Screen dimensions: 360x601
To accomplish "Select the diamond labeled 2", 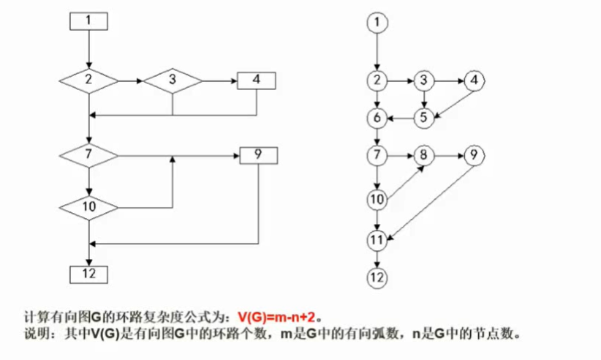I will [88, 80].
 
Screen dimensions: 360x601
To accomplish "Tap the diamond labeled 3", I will [172, 80].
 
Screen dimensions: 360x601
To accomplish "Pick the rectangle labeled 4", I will [256, 80].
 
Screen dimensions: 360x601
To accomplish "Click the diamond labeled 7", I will [88, 155].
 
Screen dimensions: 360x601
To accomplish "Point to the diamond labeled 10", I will [88, 207].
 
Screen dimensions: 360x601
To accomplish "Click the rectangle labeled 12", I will [88, 274].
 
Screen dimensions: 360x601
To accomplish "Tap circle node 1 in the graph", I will [377, 23].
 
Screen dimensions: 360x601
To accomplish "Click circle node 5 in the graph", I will [424, 117].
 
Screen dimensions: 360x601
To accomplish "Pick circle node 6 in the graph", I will [377, 117].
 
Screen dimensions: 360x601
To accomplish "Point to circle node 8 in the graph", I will [424, 155].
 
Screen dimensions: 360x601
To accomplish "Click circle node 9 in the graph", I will [474, 155].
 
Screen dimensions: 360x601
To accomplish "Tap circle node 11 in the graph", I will [377, 239].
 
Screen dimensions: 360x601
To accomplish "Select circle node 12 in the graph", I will [377, 277].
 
